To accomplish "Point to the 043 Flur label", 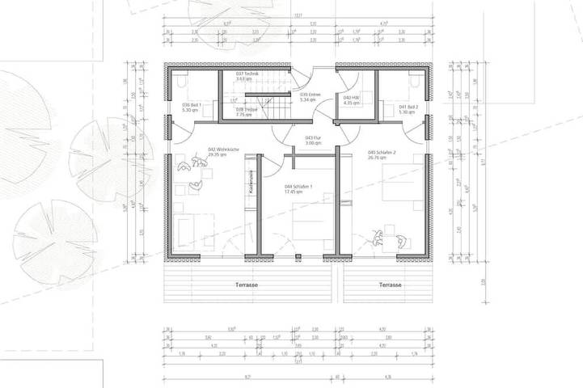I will point(314,141).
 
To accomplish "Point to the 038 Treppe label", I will point(245,112).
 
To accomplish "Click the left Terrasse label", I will point(246,285).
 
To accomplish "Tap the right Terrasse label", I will point(390,285).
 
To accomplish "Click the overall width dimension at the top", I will point(298,15).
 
